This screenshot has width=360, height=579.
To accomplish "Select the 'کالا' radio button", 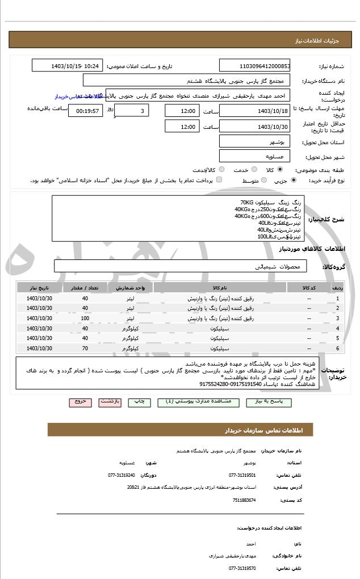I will pyautogui.click(x=280, y=170).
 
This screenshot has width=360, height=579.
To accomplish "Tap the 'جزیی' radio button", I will pyautogui.click(x=294, y=181).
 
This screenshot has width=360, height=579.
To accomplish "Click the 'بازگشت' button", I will pyautogui.click(x=110, y=401).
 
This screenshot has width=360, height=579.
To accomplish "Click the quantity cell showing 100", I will pyautogui.click(x=85, y=318).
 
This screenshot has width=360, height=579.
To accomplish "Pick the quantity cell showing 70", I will pyautogui.click(x=85, y=348).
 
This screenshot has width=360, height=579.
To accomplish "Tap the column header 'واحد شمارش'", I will pyautogui.click(x=133, y=288).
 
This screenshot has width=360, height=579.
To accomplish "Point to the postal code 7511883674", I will pyautogui.click(x=244, y=500).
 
